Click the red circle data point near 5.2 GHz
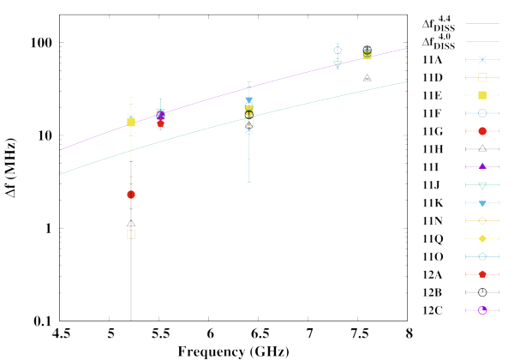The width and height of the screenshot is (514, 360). pos(131,195)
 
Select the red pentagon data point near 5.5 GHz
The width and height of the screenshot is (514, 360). pos(160,123)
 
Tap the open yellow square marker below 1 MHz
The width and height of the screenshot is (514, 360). pos(131,234)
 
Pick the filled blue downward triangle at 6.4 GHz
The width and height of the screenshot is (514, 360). pos(249,100)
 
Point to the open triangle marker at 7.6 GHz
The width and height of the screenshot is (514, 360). pos(368,78)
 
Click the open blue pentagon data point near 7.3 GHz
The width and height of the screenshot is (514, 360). pos(338,51)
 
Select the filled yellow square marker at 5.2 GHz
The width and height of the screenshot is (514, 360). pos(131,123)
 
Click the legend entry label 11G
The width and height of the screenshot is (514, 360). pos(433,131)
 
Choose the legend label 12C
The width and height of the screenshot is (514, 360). pos(433,310)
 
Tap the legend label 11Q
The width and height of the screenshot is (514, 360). pos(433,238)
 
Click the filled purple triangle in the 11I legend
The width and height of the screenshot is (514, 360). pos(482,166)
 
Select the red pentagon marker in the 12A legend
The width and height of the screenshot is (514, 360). pos(482,274)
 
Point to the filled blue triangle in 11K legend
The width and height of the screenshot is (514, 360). pos(482,203)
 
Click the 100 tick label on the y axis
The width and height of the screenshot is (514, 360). pos(41,43)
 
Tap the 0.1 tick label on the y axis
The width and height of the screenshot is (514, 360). pos(43,321)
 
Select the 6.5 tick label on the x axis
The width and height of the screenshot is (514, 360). pos(260,333)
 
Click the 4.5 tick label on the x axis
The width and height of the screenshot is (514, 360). pos(61,333)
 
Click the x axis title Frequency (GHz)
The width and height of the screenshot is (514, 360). pos(233,351)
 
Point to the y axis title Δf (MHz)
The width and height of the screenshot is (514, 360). pos(10,168)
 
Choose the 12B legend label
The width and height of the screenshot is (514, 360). pos(433,292)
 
